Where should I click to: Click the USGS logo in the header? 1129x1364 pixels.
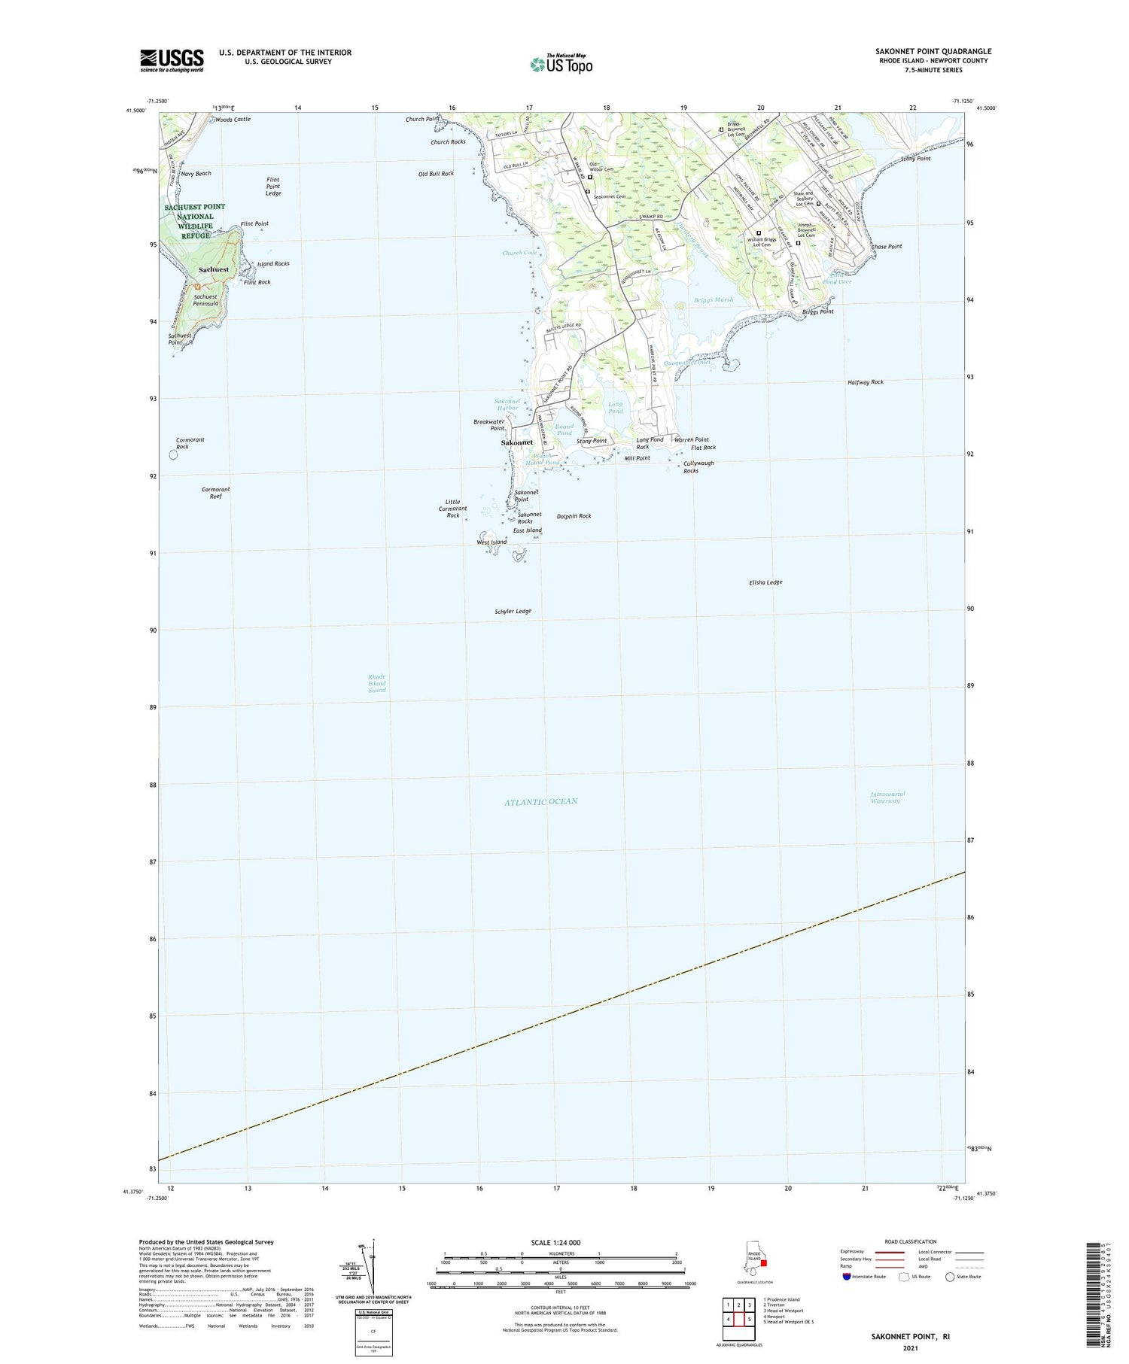172,60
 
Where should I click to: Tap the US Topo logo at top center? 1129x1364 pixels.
561,65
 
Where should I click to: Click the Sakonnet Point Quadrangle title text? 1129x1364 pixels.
933,51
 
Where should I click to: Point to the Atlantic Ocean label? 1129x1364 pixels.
541,801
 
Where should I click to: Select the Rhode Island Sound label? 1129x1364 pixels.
377,683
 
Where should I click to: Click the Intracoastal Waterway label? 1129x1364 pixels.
887,797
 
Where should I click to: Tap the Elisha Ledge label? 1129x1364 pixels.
765,582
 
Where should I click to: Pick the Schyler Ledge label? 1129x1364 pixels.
513,611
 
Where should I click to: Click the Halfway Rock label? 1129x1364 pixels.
866,382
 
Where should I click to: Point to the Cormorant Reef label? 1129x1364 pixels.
215,493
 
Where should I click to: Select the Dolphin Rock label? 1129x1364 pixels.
574,516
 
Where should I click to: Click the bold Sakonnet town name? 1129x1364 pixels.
516,442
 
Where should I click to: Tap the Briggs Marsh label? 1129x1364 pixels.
713,299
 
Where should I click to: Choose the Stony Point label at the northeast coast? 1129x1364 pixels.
915,159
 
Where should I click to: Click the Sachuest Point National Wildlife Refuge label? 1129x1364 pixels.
195,221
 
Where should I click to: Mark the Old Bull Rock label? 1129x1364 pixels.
436,174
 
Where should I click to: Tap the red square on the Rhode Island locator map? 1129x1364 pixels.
763,1262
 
